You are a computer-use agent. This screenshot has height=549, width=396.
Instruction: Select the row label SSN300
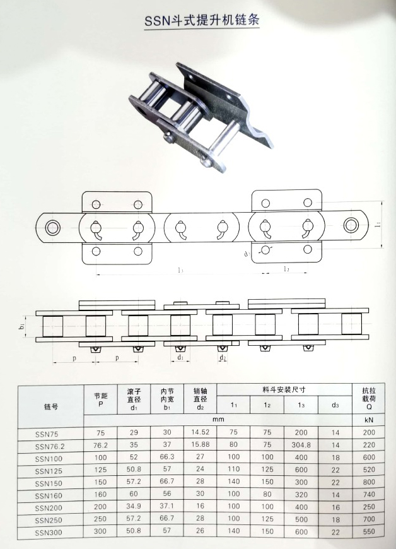click(x=50, y=533)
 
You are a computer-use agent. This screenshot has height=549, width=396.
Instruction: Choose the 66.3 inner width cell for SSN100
click(x=166, y=457)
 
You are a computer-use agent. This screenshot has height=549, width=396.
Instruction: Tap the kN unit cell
click(x=368, y=418)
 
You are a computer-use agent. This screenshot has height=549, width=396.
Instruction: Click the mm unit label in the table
click(x=218, y=418)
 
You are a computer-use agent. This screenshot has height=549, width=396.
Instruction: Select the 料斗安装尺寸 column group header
click(x=284, y=389)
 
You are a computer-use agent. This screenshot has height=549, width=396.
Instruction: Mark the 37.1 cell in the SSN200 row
click(x=166, y=507)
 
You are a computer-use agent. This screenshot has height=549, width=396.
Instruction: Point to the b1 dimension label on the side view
click(x=21, y=326)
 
